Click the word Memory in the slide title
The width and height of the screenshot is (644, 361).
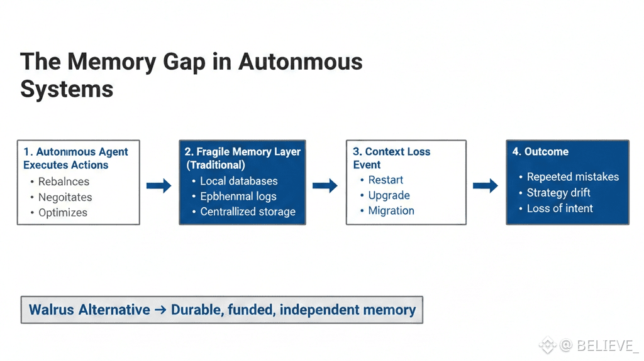[x=112, y=62]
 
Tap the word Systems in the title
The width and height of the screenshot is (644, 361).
[x=67, y=89]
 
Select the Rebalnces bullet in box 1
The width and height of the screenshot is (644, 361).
[x=64, y=181]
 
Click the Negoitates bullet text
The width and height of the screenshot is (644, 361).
[x=65, y=197]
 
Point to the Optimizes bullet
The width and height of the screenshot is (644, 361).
[x=63, y=212]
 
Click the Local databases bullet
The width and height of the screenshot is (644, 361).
[x=238, y=181]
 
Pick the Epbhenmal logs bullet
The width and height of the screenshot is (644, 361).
[x=238, y=197]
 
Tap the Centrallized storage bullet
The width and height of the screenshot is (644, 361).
[x=248, y=212]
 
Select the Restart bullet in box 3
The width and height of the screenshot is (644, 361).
[x=386, y=180]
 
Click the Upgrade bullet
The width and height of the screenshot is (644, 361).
[x=389, y=195]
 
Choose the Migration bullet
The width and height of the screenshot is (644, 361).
[x=391, y=210]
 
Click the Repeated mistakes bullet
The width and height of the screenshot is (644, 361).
[x=572, y=177]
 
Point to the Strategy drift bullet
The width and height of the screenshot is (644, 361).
[x=558, y=192]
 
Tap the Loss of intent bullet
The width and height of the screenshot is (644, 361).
[x=560, y=208]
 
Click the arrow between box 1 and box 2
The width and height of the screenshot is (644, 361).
[x=158, y=185]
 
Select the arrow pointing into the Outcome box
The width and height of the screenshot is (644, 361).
[x=485, y=185]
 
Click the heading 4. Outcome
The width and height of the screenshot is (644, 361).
[x=540, y=152]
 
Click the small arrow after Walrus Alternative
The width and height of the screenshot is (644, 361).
[x=160, y=310]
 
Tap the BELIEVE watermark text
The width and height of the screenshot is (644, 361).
[x=604, y=345]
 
